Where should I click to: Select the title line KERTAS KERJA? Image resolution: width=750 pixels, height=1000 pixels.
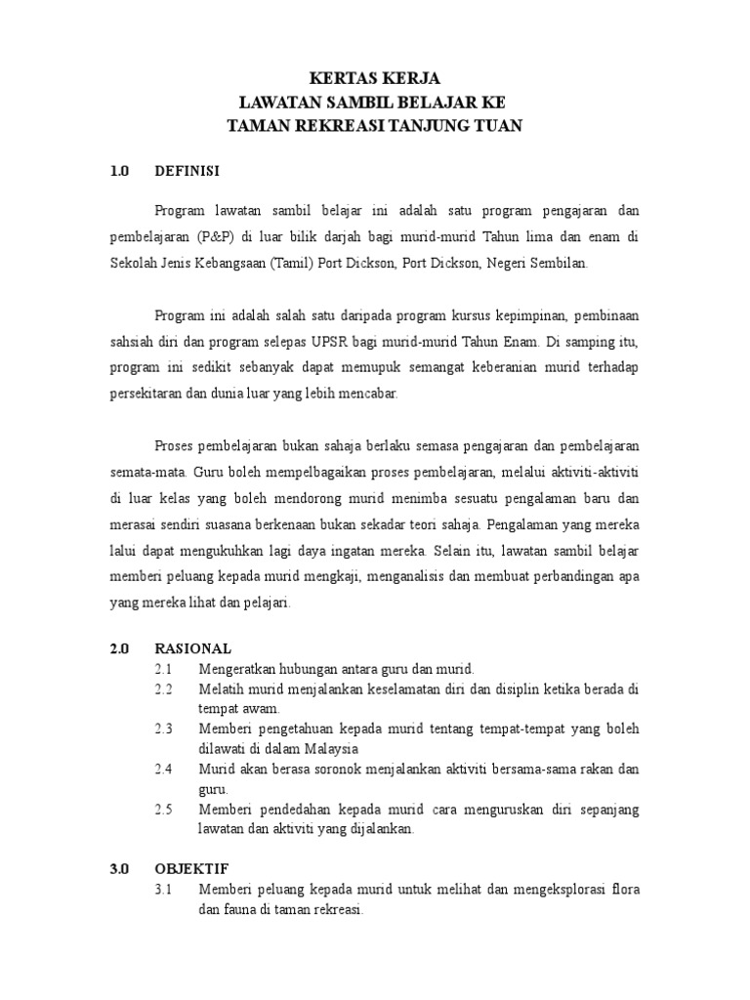coord(374,79)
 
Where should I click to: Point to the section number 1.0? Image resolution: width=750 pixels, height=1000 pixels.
coord(120,171)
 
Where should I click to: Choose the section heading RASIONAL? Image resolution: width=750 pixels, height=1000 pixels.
coord(193,647)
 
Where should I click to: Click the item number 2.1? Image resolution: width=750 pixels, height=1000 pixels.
coord(163,669)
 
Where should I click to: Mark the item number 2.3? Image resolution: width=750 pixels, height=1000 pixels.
coord(163,729)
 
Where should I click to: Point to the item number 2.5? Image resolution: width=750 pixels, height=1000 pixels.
coord(163,810)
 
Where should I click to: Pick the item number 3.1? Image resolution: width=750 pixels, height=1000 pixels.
coord(163,890)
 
